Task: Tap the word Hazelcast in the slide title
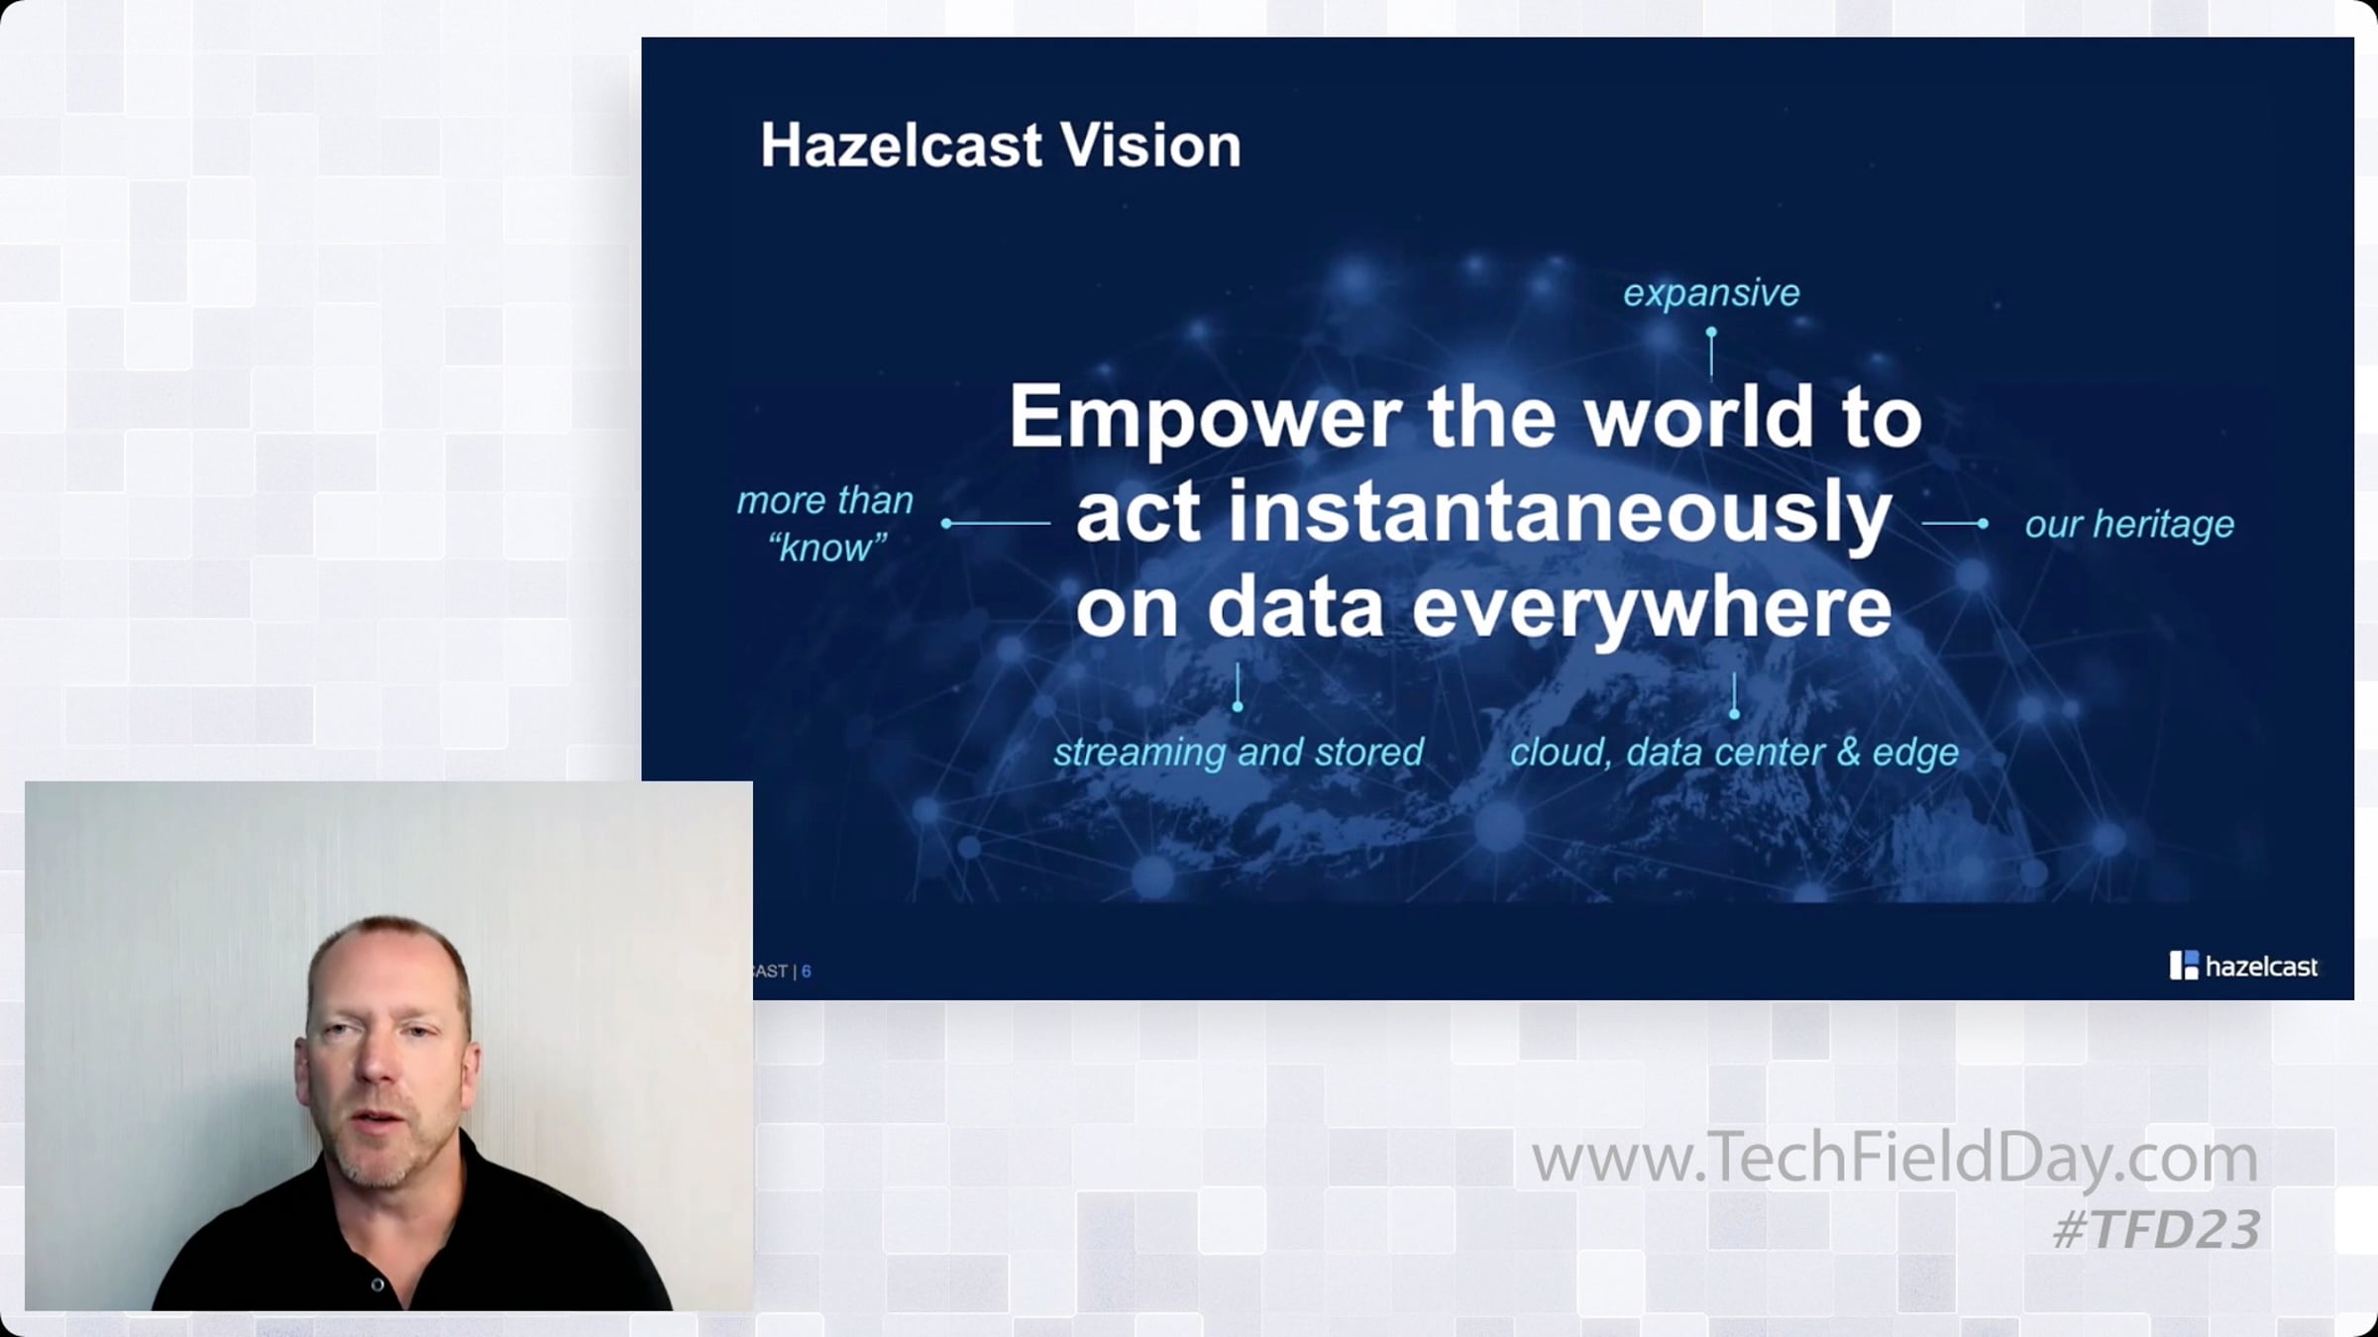click(902, 146)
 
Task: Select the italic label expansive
click(1711, 293)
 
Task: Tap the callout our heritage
click(2129, 524)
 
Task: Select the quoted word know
click(827, 548)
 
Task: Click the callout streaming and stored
click(1238, 752)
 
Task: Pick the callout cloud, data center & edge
click(1734, 752)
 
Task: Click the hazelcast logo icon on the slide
click(2184, 966)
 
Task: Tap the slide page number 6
click(807, 972)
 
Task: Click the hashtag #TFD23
click(2156, 1229)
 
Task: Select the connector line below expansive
click(1711, 354)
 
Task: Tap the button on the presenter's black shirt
click(378, 1285)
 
